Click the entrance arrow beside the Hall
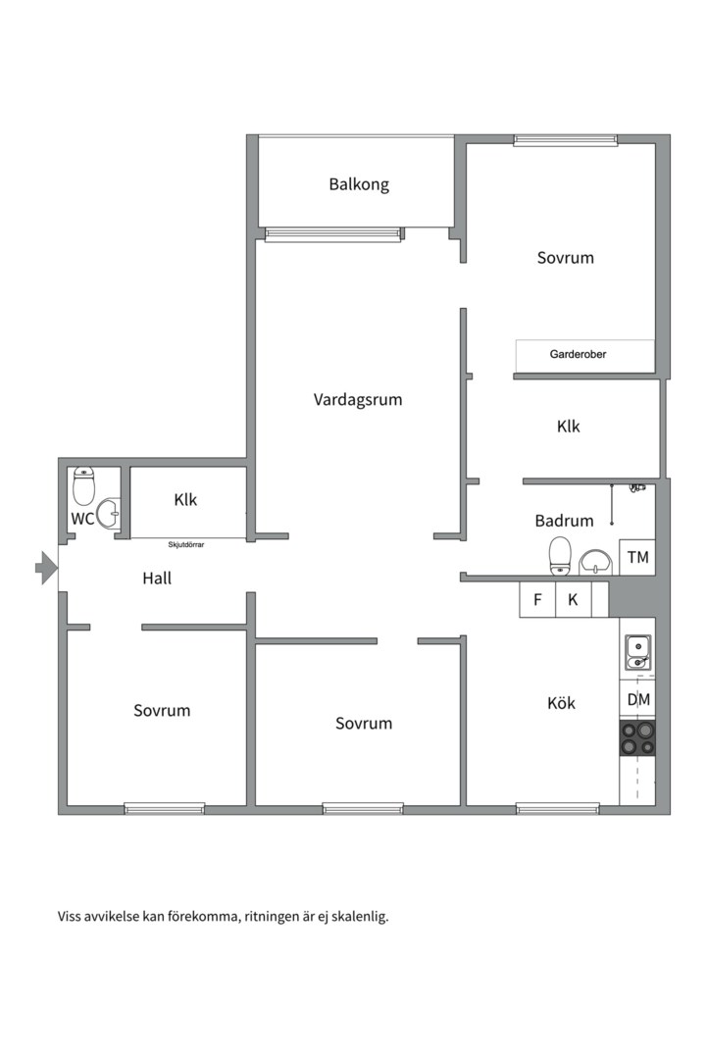point(46,568)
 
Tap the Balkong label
point(359,184)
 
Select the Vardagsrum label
point(357,399)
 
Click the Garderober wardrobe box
point(585,355)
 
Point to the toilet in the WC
point(83,485)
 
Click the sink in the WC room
point(109,513)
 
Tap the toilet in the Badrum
point(560,556)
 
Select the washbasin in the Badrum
point(595,562)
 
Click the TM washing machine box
point(637,557)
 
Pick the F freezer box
point(537,599)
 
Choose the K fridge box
point(573,599)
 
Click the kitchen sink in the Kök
point(637,652)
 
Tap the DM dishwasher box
point(637,700)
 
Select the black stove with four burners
point(637,737)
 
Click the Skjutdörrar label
point(185,544)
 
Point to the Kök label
point(561,703)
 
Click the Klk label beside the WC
point(185,500)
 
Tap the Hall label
point(157,579)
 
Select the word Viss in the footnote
point(69,917)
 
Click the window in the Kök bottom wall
point(557,808)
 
